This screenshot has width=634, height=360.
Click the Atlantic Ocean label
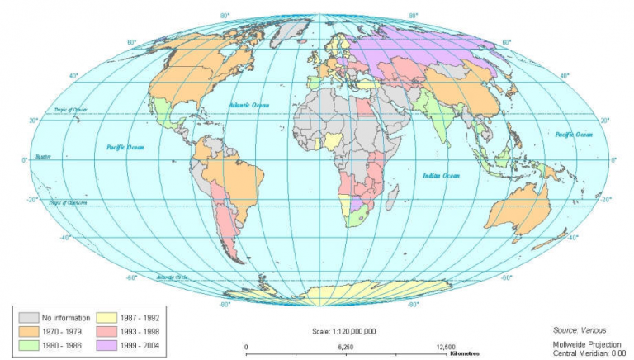(x=248, y=105)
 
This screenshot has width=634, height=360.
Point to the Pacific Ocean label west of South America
(x=125, y=147)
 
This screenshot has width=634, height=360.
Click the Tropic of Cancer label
(x=70, y=109)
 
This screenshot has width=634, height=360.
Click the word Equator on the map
(x=42, y=156)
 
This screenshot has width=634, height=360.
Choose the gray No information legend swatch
(x=29, y=316)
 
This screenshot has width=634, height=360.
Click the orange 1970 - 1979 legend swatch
(x=29, y=329)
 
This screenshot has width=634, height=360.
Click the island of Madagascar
(x=393, y=198)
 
